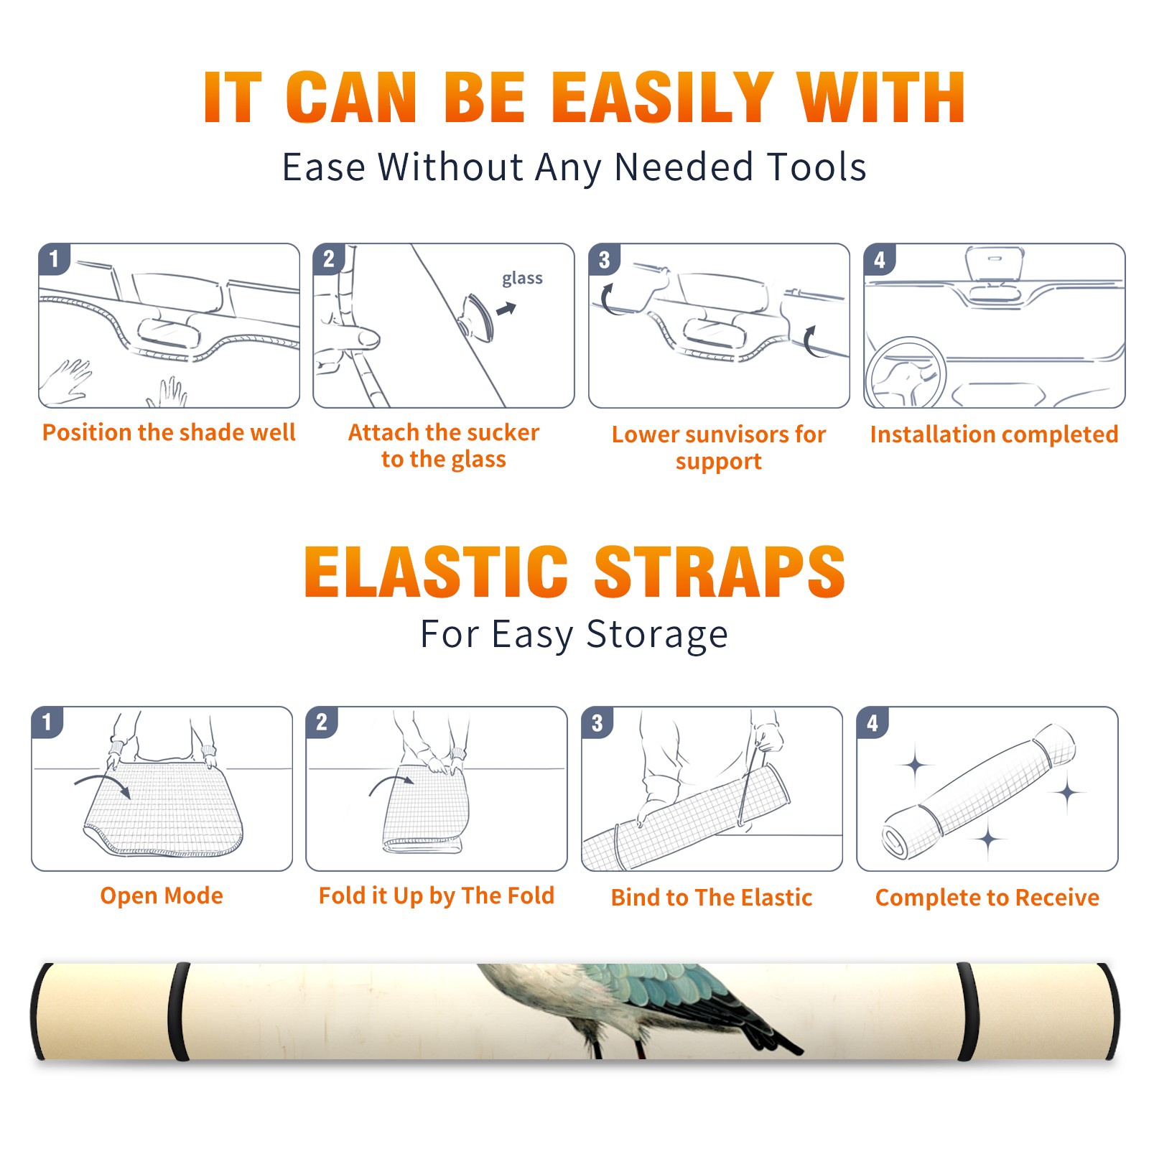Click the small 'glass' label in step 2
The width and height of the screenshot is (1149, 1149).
[x=522, y=279]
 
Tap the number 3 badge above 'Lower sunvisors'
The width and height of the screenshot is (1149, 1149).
[x=605, y=259]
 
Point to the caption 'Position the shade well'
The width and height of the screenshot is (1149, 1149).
[x=169, y=432]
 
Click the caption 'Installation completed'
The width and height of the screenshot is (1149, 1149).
[x=994, y=434]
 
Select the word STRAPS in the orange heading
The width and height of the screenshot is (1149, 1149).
[x=720, y=572]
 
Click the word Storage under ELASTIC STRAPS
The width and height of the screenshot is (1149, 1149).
[x=657, y=635]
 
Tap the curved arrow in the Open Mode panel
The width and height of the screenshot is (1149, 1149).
[x=103, y=784]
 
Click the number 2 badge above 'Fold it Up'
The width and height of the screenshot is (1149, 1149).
[x=322, y=722]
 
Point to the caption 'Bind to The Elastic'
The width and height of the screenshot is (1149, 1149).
[x=711, y=898]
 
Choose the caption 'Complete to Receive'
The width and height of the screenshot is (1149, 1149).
[x=987, y=898]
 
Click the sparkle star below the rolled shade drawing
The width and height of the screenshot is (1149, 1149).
[x=988, y=839]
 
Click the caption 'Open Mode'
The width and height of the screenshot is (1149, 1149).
[x=162, y=896]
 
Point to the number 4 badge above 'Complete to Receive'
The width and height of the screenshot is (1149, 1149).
[x=873, y=722]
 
